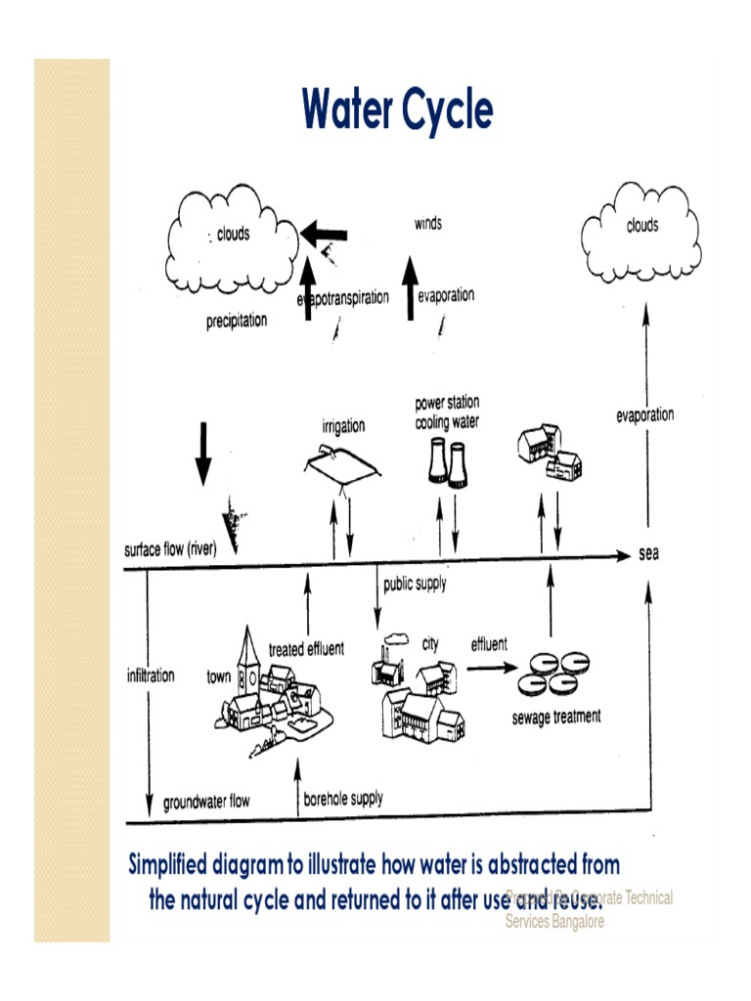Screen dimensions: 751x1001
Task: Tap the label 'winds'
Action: click(x=427, y=224)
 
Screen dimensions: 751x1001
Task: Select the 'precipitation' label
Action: click(x=236, y=320)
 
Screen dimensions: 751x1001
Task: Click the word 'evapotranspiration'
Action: click(x=343, y=297)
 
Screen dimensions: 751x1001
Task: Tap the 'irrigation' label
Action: click(x=343, y=426)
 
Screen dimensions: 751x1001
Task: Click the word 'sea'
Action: click(x=648, y=554)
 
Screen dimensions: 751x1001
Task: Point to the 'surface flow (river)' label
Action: click(x=170, y=547)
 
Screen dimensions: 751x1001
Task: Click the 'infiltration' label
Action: click(x=151, y=675)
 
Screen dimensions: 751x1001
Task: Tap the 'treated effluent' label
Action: click(x=306, y=650)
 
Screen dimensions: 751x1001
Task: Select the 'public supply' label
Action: click(x=415, y=585)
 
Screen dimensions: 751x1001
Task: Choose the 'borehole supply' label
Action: click(x=343, y=798)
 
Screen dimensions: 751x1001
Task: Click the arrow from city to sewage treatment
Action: click(x=491, y=669)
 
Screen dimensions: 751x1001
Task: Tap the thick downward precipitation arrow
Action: click(x=202, y=455)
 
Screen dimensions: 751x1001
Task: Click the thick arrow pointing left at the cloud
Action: click(x=325, y=234)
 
